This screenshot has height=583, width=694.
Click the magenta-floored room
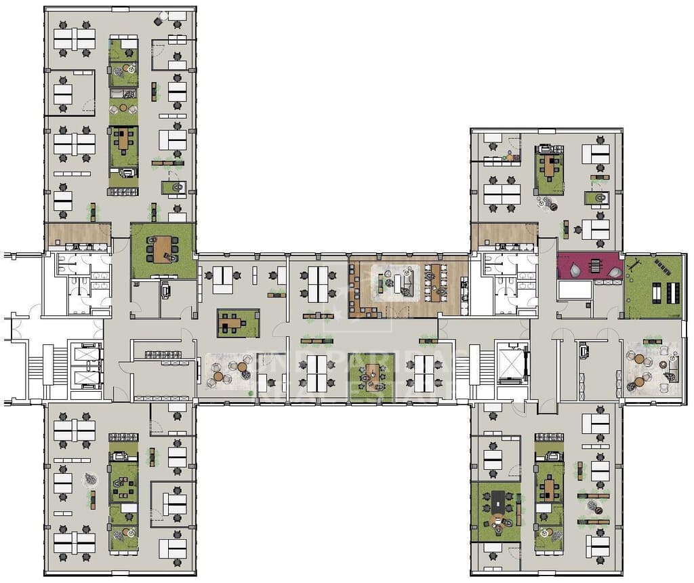click(x=588, y=266)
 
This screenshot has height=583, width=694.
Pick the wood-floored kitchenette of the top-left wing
click(x=77, y=236)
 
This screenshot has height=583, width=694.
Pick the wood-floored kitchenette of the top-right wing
click(x=504, y=236)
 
